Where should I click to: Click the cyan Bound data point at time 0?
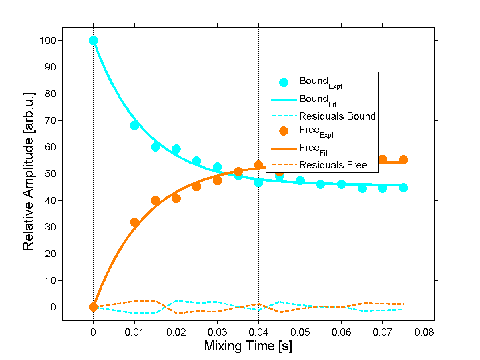93,40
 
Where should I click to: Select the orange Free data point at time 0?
93,307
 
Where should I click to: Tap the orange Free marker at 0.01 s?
135,222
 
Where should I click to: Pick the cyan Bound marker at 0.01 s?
135,125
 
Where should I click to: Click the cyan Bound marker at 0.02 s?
176,149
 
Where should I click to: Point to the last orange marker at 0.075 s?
403,160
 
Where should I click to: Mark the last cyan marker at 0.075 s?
403,188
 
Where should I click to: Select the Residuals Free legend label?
333,165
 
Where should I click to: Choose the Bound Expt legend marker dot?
284,82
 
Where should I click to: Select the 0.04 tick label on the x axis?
258,332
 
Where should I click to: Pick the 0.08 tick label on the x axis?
424,332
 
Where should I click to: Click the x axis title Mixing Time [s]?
248,346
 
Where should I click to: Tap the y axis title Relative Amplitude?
28,171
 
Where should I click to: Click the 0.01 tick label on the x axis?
134,332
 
